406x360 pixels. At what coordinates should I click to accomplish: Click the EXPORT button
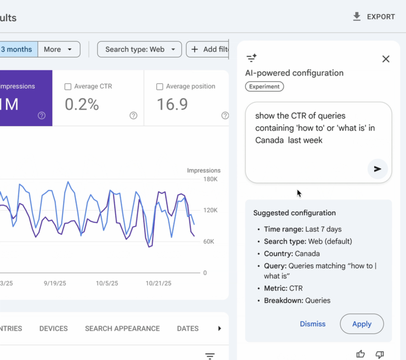(374, 17)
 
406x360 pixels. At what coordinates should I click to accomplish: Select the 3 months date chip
(17, 49)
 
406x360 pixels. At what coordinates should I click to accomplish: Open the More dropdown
(58, 49)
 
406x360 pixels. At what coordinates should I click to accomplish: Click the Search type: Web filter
(139, 49)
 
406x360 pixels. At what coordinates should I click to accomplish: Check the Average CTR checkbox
(68, 87)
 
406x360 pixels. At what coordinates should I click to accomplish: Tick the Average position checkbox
(159, 87)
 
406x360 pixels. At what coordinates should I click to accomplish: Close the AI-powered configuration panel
(386, 59)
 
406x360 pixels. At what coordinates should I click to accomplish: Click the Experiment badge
(264, 87)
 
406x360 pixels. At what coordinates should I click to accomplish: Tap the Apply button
(361, 324)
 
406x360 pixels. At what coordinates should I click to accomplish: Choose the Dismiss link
(312, 324)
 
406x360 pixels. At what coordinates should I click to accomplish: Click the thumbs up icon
(360, 354)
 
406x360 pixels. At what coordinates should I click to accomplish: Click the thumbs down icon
(380, 354)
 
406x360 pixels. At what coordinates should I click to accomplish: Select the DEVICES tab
(53, 328)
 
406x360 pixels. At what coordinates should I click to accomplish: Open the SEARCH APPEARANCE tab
(122, 328)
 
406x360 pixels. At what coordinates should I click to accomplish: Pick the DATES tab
(188, 328)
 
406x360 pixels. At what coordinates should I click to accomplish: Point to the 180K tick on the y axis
(210, 179)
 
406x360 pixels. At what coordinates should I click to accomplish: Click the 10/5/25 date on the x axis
(107, 283)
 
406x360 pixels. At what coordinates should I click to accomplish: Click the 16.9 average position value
(172, 104)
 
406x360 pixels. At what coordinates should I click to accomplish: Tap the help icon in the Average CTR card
(133, 115)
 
